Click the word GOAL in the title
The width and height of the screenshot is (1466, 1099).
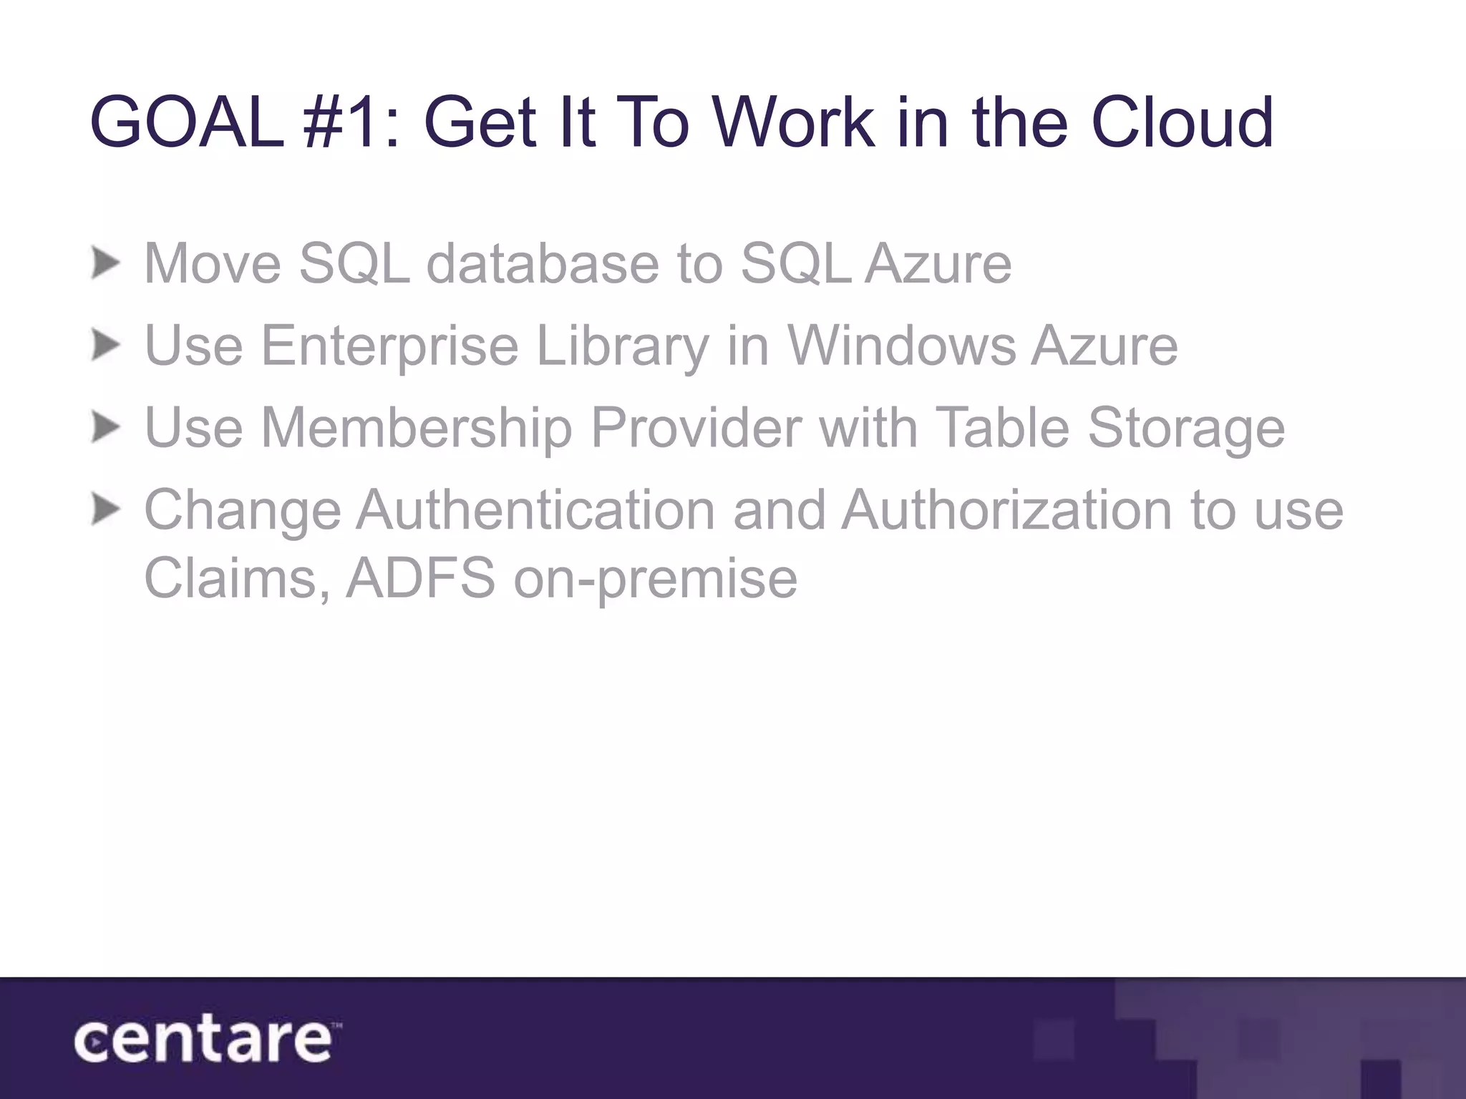tap(187, 123)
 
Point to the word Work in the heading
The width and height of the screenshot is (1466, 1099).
tap(794, 123)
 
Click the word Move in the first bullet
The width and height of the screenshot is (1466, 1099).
tap(213, 264)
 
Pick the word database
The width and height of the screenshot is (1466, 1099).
tap(543, 264)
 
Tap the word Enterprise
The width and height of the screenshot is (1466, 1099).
tap(389, 346)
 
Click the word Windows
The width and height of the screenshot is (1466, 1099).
tap(901, 346)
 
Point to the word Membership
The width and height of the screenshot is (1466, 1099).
tap(417, 429)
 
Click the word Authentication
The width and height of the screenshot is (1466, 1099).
tap(535, 511)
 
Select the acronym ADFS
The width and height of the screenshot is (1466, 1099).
tap(421, 578)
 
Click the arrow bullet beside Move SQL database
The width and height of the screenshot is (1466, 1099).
tap(106, 264)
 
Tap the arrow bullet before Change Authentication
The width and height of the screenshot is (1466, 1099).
tap(106, 511)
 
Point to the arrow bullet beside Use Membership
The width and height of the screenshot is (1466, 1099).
tap(106, 429)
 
